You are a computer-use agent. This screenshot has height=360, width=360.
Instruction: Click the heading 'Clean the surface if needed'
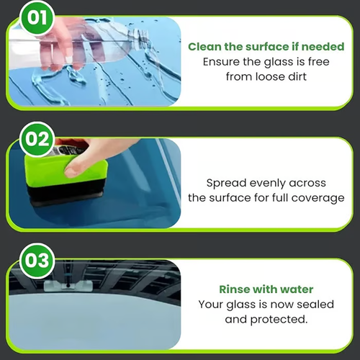coord(266,47)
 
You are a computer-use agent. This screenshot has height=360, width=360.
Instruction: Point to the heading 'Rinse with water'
coord(266,289)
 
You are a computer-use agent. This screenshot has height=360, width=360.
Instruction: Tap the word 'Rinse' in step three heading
coord(235,289)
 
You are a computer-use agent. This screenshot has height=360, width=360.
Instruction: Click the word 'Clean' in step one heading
coord(204,47)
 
